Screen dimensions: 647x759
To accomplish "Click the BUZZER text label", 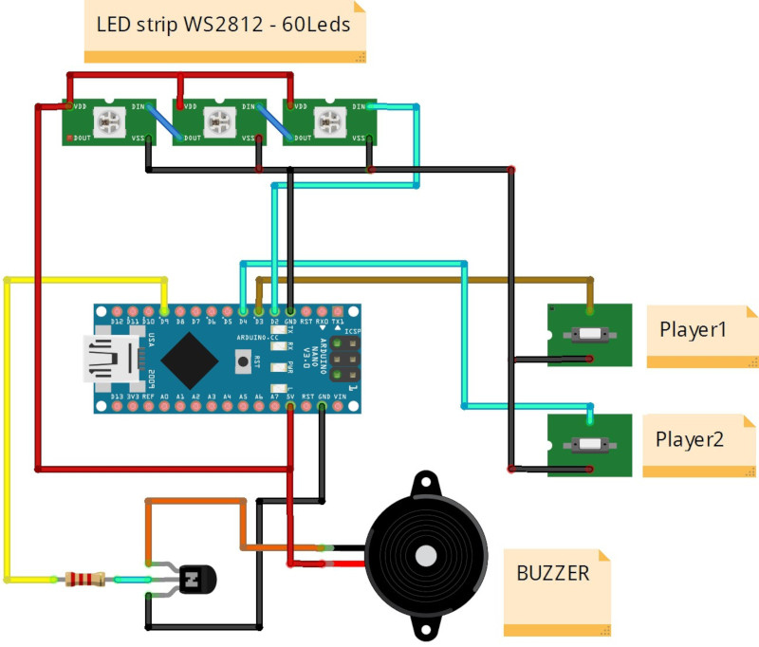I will (553, 573).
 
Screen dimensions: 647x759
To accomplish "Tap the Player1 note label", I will (693, 330).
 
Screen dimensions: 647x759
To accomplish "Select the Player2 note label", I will (690, 440).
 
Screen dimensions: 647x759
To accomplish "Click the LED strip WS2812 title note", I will (224, 26).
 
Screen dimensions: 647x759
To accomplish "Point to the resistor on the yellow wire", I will (85, 578).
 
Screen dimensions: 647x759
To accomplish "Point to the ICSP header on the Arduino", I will (345, 363).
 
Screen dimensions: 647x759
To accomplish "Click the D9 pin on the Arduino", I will (165, 310).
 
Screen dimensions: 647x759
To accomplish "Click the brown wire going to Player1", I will (427, 279).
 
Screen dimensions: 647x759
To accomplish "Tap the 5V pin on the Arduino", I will (290, 406).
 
